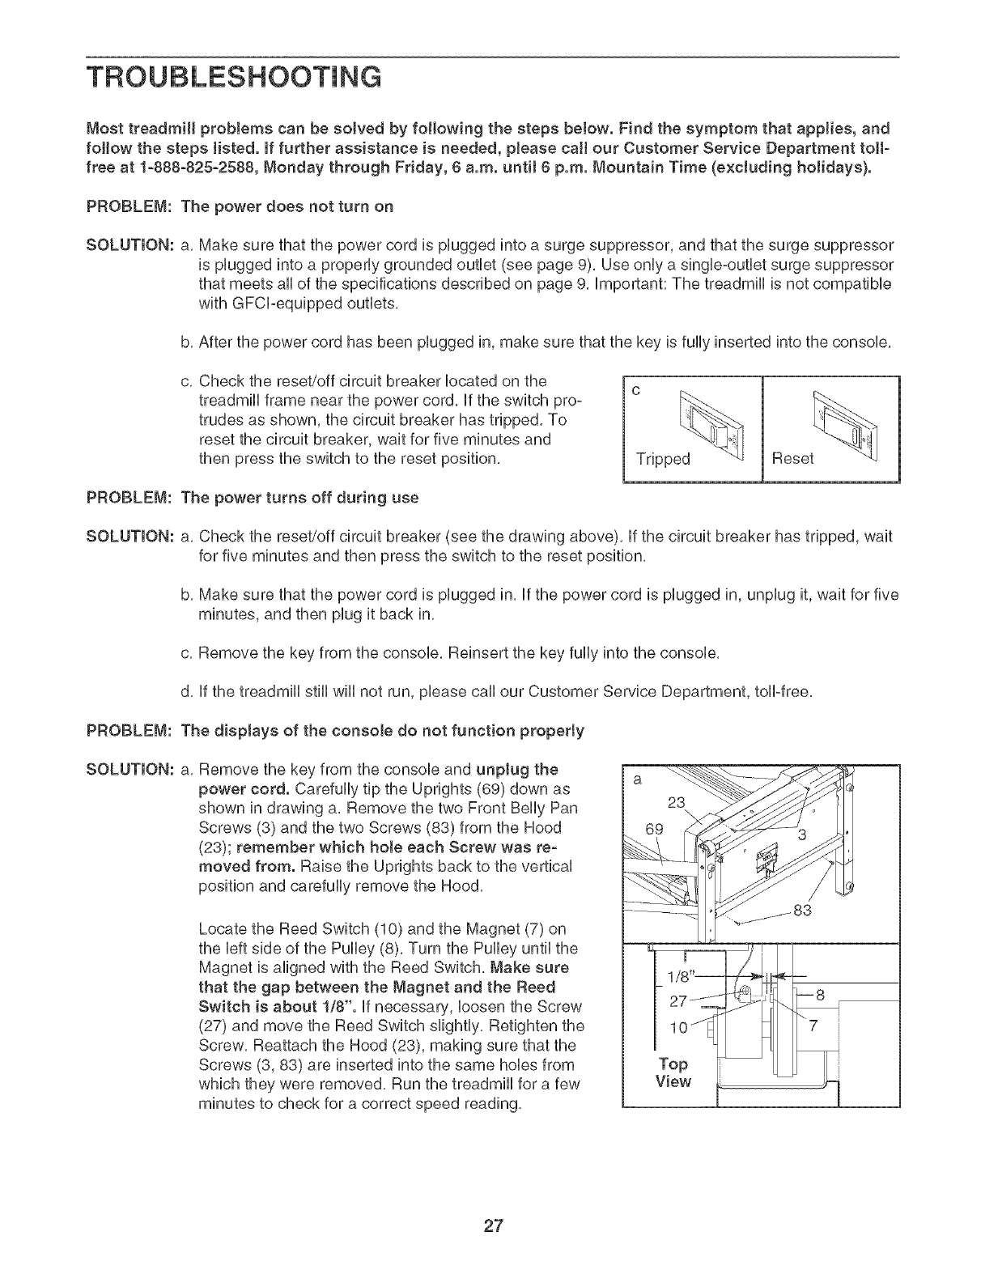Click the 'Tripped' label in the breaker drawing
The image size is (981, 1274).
663,460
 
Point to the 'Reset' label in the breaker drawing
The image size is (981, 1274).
794,460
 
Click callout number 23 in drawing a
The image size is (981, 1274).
677,803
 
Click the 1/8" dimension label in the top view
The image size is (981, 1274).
678,976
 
